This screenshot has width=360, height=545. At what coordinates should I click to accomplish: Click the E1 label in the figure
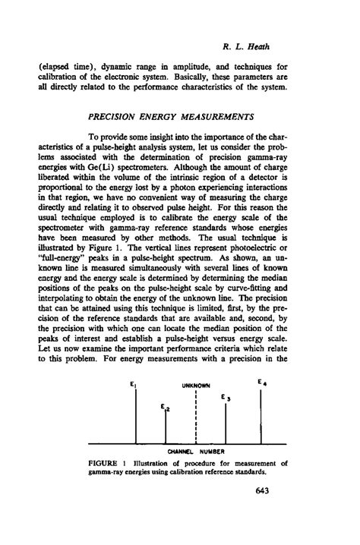point(133,384)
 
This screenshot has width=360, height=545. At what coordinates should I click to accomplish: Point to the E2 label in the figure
point(164,408)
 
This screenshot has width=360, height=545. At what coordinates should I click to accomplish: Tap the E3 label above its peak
point(223,396)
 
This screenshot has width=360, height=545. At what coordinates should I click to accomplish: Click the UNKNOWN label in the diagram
point(194,386)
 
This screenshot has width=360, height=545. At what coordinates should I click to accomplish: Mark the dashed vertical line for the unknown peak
point(195,421)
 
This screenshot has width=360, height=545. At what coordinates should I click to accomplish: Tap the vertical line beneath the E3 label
point(226,425)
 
